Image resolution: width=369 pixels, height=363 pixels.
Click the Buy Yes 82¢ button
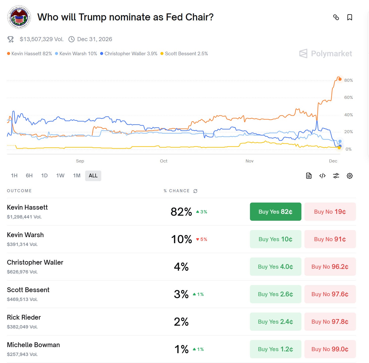click(x=275, y=212)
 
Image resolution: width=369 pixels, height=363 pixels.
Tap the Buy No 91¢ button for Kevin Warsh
click(x=330, y=239)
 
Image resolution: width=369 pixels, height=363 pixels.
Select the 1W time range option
click(x=60, y=176)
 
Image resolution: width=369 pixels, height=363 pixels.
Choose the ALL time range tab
click(x=93, y=176)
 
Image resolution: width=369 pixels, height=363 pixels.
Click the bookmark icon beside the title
click(x=350, y=17)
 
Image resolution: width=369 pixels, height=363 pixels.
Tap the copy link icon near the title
click(x=336, y=17)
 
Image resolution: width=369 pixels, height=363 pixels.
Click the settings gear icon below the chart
click(x=350, y=176)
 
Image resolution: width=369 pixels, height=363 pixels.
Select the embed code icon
click(x=322, y=176)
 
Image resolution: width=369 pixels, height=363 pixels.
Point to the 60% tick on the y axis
click(x=348, y=97)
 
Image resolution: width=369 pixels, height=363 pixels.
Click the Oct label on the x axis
click(x=164, y=161)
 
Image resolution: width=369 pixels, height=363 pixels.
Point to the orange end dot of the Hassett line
click(x=340, y=79)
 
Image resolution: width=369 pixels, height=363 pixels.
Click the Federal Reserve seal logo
click(x=19, y=17)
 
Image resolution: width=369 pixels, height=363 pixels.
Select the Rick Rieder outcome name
click(x=24, y=317)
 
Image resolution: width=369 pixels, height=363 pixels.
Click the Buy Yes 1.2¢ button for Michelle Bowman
click(x=275, y=349)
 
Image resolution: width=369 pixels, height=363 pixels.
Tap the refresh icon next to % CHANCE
click(x=195, y=191)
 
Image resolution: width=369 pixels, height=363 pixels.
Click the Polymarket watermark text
click(x=331, y=53)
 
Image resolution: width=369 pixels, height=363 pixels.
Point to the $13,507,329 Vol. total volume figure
click(x=42, y=39)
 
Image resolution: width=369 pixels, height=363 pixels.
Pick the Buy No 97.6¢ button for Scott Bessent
click(x=330, y=294)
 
